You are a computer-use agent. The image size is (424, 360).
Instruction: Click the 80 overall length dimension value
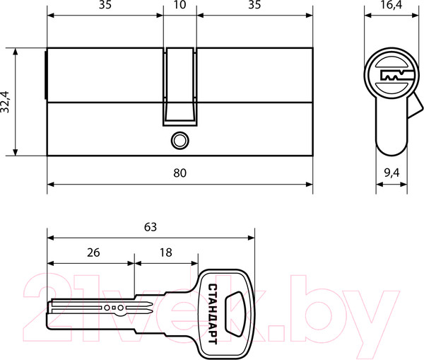[179, 173]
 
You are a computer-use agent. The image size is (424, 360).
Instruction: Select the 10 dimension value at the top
[179, 5]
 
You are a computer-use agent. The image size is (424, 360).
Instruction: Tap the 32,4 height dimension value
[5, 102]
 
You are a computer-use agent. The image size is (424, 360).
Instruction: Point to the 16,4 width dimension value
[391, 4]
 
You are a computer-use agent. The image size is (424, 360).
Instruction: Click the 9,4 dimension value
[391, 173]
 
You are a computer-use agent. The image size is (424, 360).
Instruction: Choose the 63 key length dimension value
[151, 227]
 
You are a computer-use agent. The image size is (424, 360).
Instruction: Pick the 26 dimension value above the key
[93, 252]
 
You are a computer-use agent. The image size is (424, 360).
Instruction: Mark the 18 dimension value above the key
[166, 252]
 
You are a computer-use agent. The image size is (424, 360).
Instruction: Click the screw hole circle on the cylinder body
[179, 141]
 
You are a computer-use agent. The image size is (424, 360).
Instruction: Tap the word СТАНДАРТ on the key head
[213, 314]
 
